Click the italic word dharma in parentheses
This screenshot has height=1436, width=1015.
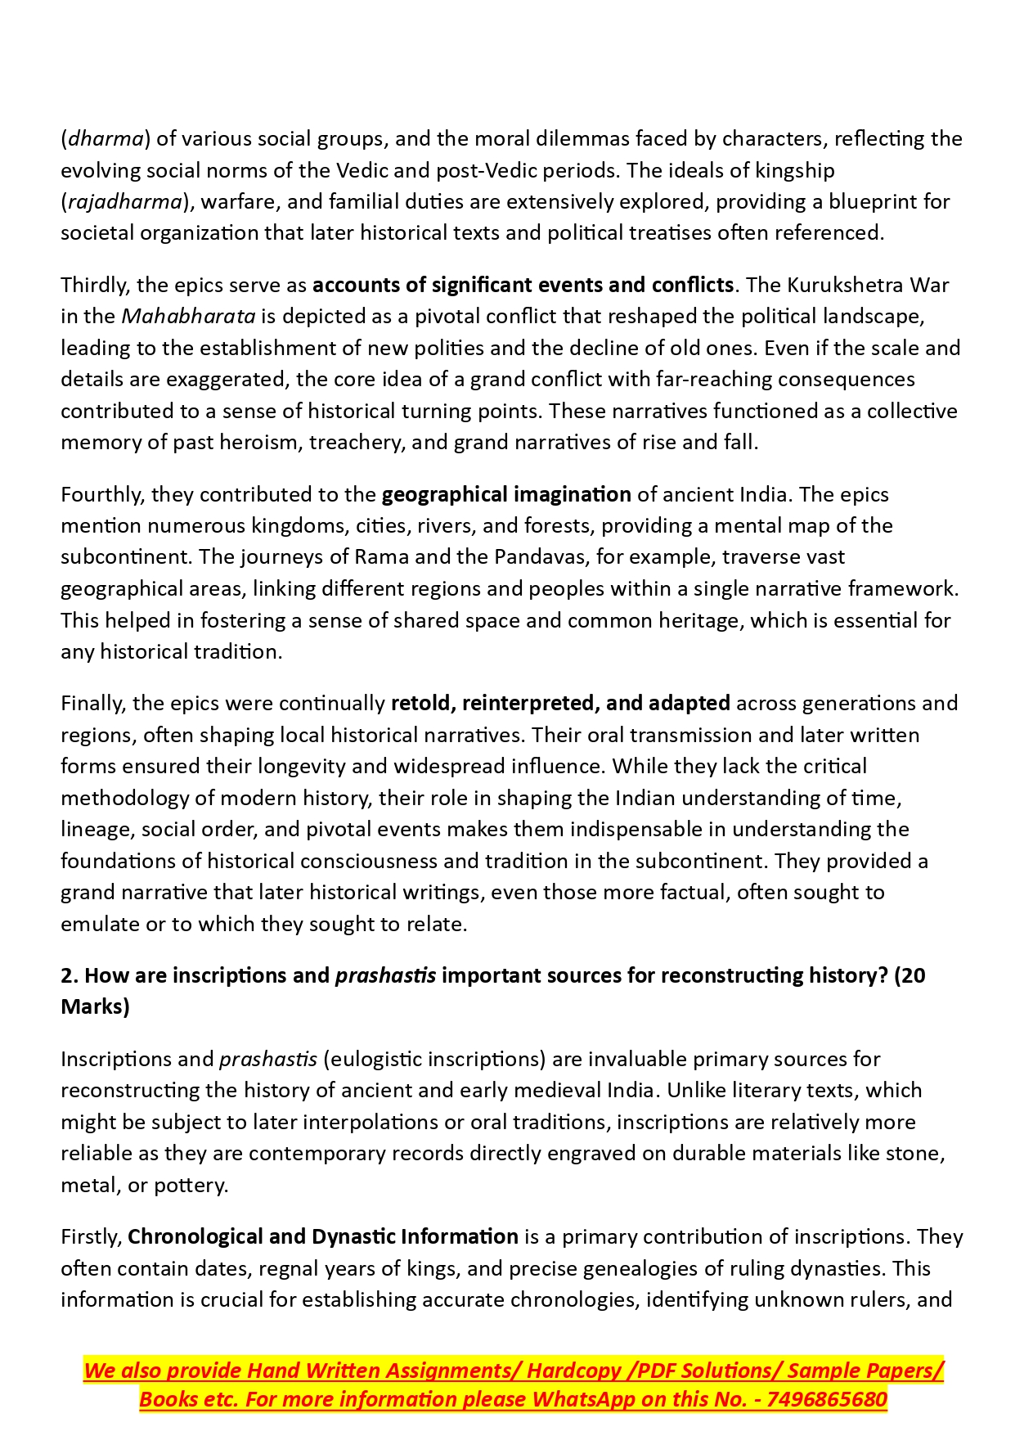click(106, 138)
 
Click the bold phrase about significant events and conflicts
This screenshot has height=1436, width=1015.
click(523, 285)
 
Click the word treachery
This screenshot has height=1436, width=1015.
click(357, 442)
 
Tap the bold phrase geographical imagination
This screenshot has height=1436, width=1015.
click(506, 494)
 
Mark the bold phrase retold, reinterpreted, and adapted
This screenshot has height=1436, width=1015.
click(560, 703)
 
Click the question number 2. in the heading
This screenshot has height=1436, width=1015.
click(70, 975)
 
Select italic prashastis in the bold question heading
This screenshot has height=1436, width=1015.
click(385, 975)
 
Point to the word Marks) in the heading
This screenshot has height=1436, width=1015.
click(95, 1006)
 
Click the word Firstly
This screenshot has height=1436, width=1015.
click(91, 1236)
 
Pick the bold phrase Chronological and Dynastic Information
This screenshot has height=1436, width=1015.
click(323, 1236)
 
